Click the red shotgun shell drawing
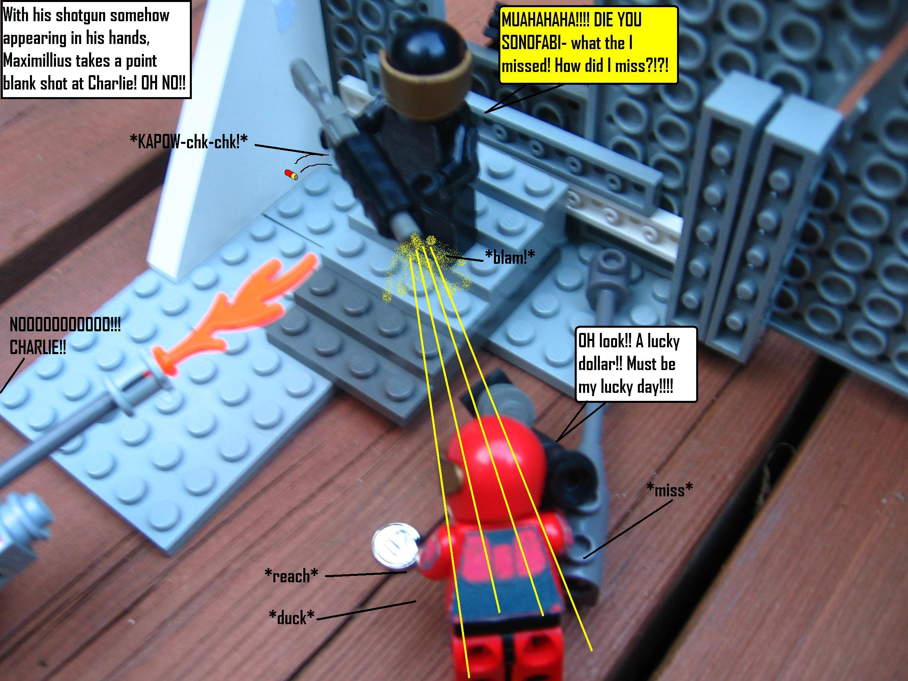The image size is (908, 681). pyautogui.click(x=292, y=175)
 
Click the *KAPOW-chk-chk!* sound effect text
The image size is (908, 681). pyautogui.click(x=188, y=141)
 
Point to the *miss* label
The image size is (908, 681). pyautogui.click(x=669, y=489)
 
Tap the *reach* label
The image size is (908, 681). pyautogui.click(x=291, y=575)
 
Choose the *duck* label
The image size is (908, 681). pyautogui.click(x=291, y=617)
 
